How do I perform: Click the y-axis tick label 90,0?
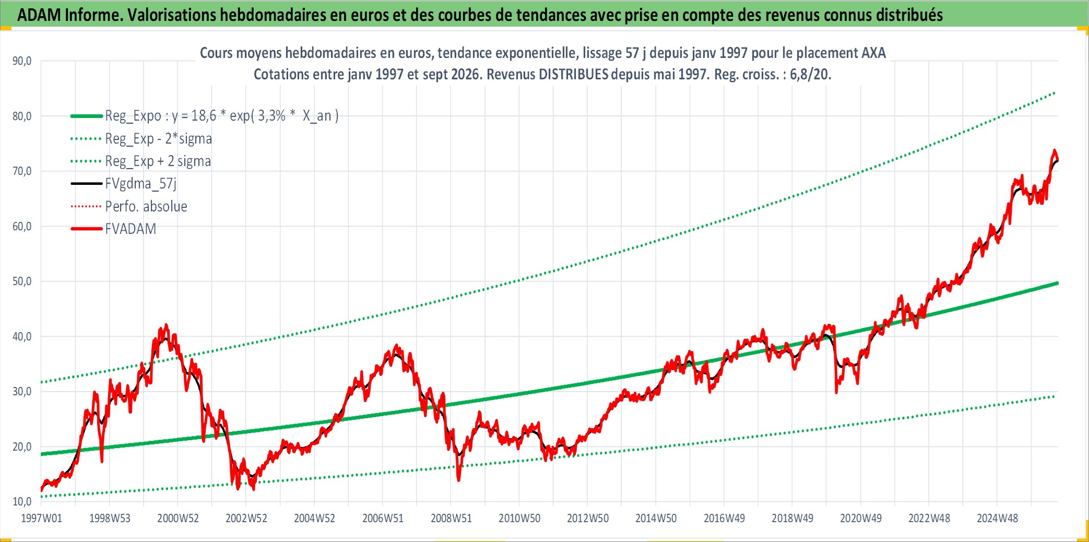coord(22,61)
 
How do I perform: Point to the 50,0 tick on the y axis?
coord(22,281)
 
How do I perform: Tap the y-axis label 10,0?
coord(22,502)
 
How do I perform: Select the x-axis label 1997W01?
coord(41,519)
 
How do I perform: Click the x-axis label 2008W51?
coord(451,519)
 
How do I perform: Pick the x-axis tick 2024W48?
coord(997,519)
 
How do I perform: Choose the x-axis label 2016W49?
coord(724,519)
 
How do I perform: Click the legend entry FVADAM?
coord(131,229)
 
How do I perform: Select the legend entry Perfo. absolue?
coord(146,206)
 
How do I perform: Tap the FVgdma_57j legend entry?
coord(141,184)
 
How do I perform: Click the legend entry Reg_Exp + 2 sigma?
coord(158,161)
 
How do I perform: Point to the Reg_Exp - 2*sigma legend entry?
coord(159,139)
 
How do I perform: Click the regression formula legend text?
coord(222,116)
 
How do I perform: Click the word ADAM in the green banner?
coord(39,15)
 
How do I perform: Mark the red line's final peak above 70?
coord(1054,151)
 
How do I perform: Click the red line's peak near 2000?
coord(166,325)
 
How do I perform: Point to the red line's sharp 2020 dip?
coord(836,392)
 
